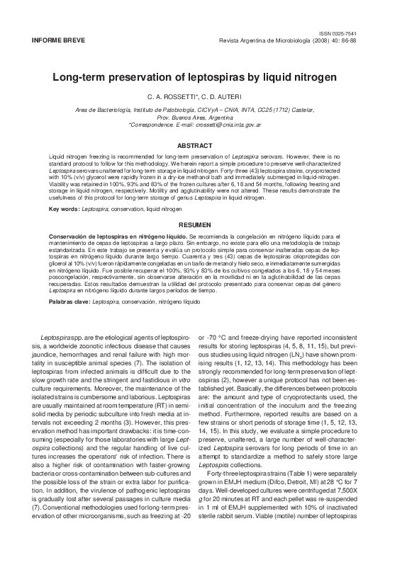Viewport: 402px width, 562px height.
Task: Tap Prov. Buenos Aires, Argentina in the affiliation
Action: click(x=201, y=117)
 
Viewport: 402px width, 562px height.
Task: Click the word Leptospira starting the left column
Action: click(x=55, y=338)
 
